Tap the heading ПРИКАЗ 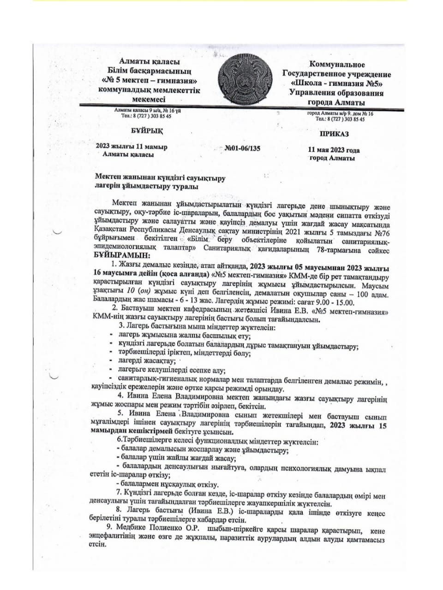coord(334,134)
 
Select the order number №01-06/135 coord(242,148)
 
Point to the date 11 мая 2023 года coord(334,150)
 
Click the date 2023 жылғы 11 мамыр coord(131,147)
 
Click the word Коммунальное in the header coord(337,65)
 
